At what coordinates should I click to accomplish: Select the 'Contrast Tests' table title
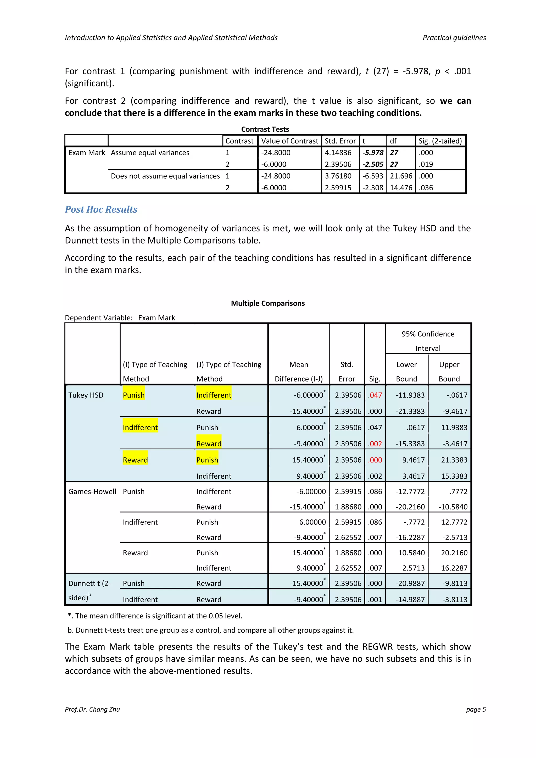pyautogui.click(x=265, y=129)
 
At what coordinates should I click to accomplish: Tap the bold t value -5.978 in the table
pyautogui.click(x=373, y=153)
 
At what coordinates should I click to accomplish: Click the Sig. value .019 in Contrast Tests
pyautogui.click(x=426, y=164)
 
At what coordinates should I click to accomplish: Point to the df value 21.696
pyautogui.click(x=401, y=176)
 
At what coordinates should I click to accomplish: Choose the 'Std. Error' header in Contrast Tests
pyautogui.click(x=340, y=141)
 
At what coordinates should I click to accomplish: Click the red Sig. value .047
pyautogui.click(x=375, y=395)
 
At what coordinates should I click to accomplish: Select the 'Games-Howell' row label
pyautogui.click(x=92, y=491)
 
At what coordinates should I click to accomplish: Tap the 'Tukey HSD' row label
pyautogui.click(x=86, y=395)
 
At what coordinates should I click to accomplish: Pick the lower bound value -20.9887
pyautogui.click(x=410, y=583)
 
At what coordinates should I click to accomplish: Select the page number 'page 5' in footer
pyautogui.click(x=476, y=709)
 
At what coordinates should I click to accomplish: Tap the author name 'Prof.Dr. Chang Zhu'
pyautogui.click(x=92, y=709)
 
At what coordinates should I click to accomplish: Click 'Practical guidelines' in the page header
pyautogui.click(x=454, y=38)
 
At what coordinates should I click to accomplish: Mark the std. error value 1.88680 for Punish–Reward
pyautogui.click(x=348, y=506)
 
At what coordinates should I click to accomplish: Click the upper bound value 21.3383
pyautogui.click(x=454, y=460)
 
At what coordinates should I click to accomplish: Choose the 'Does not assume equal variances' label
pyautogui.click(x=165, y=176)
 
